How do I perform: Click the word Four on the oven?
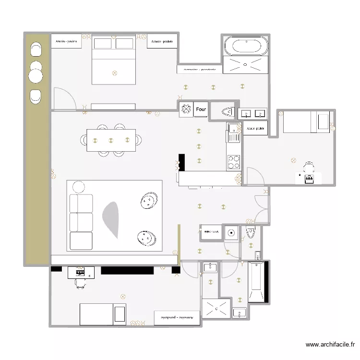(x=201, y=109)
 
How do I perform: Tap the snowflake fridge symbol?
(x=186, y=109)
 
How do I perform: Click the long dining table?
(x=111, y=140)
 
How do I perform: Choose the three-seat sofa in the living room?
(x=81, y=221)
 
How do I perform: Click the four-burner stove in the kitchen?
(x=234, y=162)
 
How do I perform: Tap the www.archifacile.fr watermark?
(x=331, y=344)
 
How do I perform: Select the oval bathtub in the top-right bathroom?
(x=247, y=47)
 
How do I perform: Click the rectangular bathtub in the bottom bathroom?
(x=256, y=282)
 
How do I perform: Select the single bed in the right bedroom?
(x=306, y=121)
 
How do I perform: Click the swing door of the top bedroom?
(x=64, y=98)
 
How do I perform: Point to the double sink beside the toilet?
(x=252, y=114)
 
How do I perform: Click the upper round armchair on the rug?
(x=149, y=200)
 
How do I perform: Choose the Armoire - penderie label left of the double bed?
(x=66, y=42)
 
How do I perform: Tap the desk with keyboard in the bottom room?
(x=81, y=272)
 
